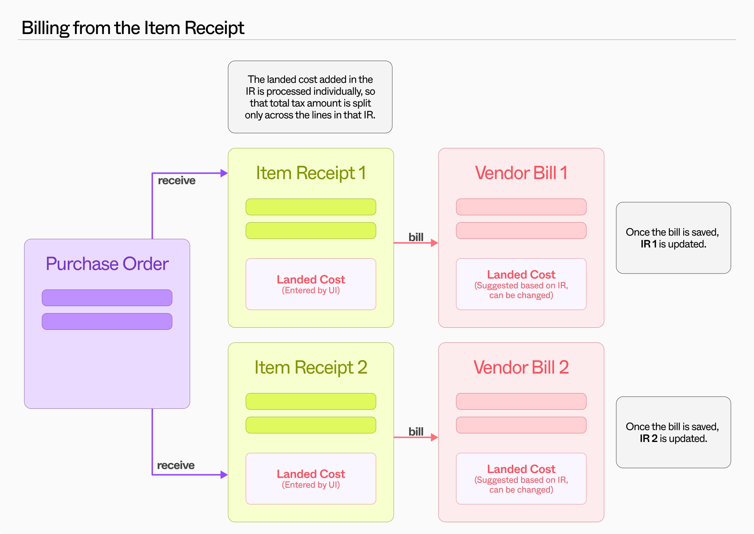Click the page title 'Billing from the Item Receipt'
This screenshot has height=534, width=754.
click(x=133, y=28)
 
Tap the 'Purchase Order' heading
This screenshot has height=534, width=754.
click(x=107, y=264)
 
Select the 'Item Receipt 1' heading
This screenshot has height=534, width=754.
click(x=311, y=173)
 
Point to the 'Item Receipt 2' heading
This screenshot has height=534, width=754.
click(x=311, y=367)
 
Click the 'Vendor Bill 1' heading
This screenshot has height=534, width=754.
click(x=521, y=173)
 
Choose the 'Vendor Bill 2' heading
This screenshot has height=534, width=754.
click(x=521, y=367)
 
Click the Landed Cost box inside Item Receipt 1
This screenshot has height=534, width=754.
click(x=311, y=284)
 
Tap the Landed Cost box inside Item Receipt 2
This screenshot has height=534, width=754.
click(x=311, y=478)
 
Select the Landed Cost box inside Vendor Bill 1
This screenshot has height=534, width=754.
click(x=521, y=284)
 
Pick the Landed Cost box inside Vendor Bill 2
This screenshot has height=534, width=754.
click(x=521, y=478)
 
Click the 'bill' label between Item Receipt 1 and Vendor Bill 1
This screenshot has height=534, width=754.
click(x=416, y=237)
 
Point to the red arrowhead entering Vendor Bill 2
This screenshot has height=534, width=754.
click(x=434, y=437)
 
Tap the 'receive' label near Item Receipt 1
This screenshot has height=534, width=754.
click(x=177, y=181)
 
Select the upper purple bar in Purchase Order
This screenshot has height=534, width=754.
click(x=107, y=297)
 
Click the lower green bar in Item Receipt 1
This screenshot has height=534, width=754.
click(x=311, y=231)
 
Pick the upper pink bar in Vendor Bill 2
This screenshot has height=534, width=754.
click(x=521, y=401)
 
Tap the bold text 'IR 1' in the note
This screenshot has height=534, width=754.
click(x=649, y=244)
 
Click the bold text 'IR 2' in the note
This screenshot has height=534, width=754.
click(x=649, y=438)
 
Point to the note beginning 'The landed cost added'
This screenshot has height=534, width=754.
click(x=310, y=97)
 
